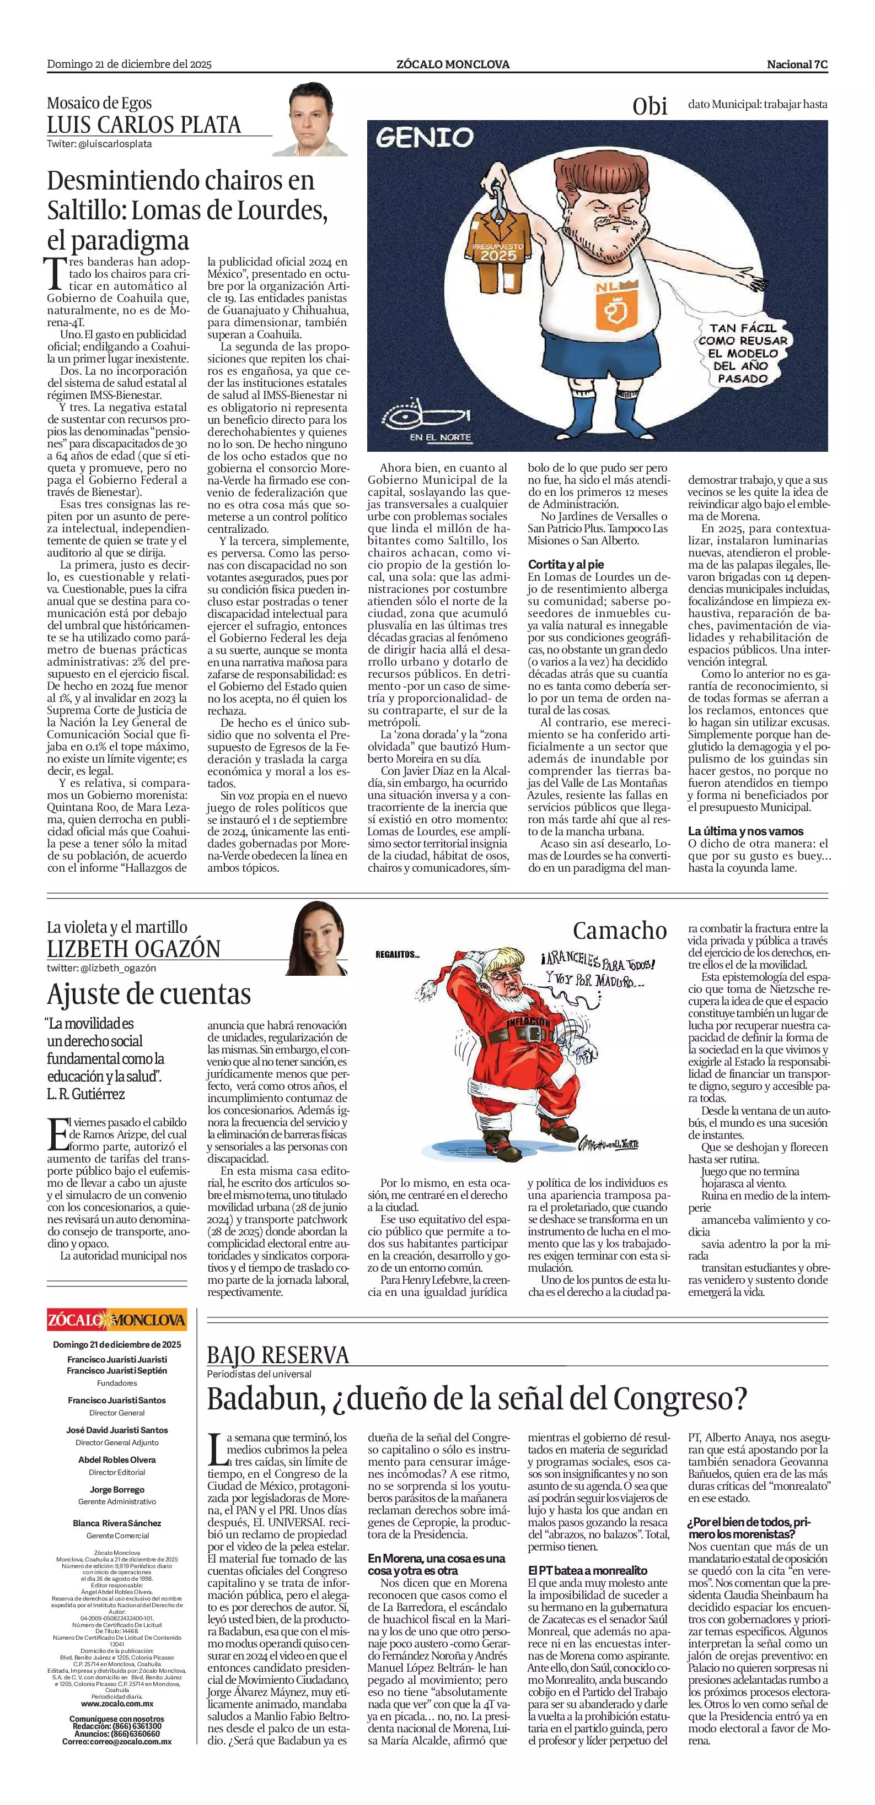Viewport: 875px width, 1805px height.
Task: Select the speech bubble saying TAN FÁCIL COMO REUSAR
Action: pyautogui.click(x=743, y=353)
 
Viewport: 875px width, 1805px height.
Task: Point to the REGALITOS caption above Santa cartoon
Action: pyautogui.click(x=398, y=954)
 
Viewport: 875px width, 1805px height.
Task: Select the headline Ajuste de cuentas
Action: pyautogui.click(x=149, y=993)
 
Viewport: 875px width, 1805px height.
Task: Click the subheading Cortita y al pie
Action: pyautogui.click(x=566, y=564)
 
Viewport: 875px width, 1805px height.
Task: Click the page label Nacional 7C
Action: pyautogui.click(x=797, y=64)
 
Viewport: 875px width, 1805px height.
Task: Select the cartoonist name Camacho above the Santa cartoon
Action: pyautogui.click(x=619, y=931)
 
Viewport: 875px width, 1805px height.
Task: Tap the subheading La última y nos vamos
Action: pyautogui.click(x=745, y=831)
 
